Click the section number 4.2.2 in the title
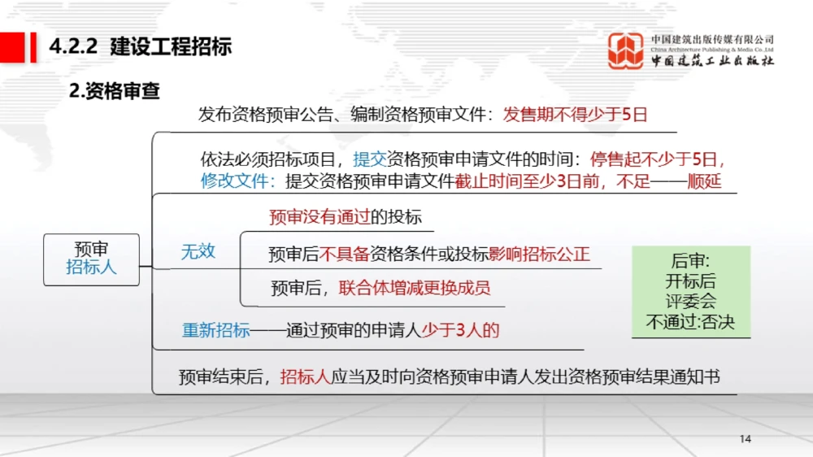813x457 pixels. point(73,46)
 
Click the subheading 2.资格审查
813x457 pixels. point(115,92)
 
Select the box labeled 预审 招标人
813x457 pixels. point(91,259)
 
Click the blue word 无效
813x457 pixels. point(198,251)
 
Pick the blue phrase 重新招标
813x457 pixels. point(215,330)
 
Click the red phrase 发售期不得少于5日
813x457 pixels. point(575,115)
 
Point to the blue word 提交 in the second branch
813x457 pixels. point(370,159)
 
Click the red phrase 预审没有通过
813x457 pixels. point(320,217)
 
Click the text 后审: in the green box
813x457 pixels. point(690,262)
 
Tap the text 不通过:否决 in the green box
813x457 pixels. point(690,322)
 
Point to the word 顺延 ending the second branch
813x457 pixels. point(704,181)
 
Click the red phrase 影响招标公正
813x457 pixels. point(539,254)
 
